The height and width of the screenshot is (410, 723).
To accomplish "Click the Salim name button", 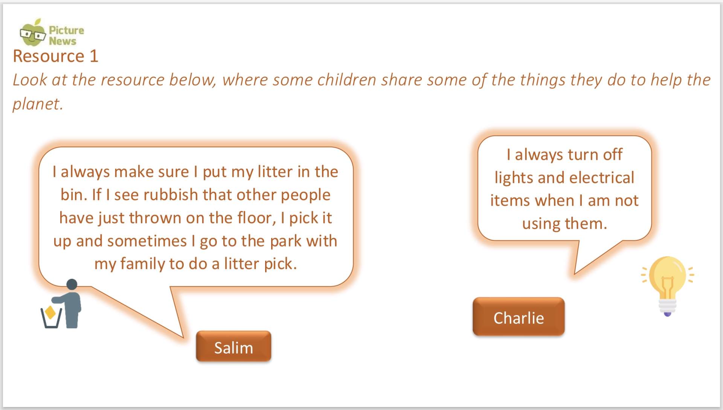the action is [233, 346].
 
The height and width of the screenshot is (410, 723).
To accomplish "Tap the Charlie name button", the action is [519, 317].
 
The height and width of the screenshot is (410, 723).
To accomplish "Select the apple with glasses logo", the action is [33, 32].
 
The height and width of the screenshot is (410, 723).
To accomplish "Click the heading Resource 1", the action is [56, 56].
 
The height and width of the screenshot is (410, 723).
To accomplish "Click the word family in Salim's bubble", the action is [143, 264].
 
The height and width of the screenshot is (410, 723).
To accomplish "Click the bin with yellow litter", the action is [51, 318].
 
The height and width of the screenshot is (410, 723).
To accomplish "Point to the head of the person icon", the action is [72, 285].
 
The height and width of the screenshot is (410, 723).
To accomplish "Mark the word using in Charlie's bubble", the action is [541, 224].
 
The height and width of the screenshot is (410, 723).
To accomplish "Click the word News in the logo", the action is [63, 41].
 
